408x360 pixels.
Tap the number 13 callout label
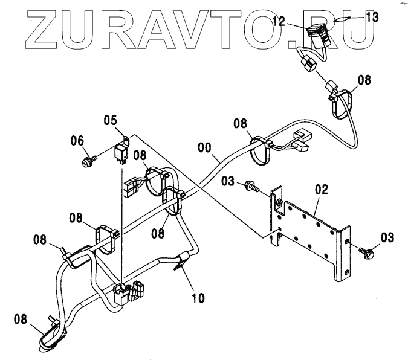(372, 18)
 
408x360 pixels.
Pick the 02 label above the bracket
(320, 189)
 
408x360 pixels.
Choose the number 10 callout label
(198, 298)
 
